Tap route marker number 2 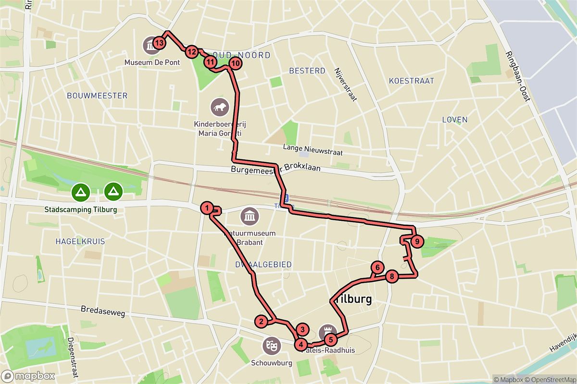tap(261, 322)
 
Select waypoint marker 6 tap(378, 268)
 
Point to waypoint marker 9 tap(417, 241)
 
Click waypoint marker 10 tap(235, 63)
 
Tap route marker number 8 tap(392, 276)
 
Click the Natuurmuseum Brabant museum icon tap(250, 216)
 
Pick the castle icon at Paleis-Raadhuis tap(327, 332)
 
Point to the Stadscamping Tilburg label tap(80, 210)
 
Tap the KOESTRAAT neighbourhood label tap(412, 81)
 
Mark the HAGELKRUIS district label tap(80, 241)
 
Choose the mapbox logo tap(28, 376)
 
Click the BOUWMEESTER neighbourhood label tap(98, 96)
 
